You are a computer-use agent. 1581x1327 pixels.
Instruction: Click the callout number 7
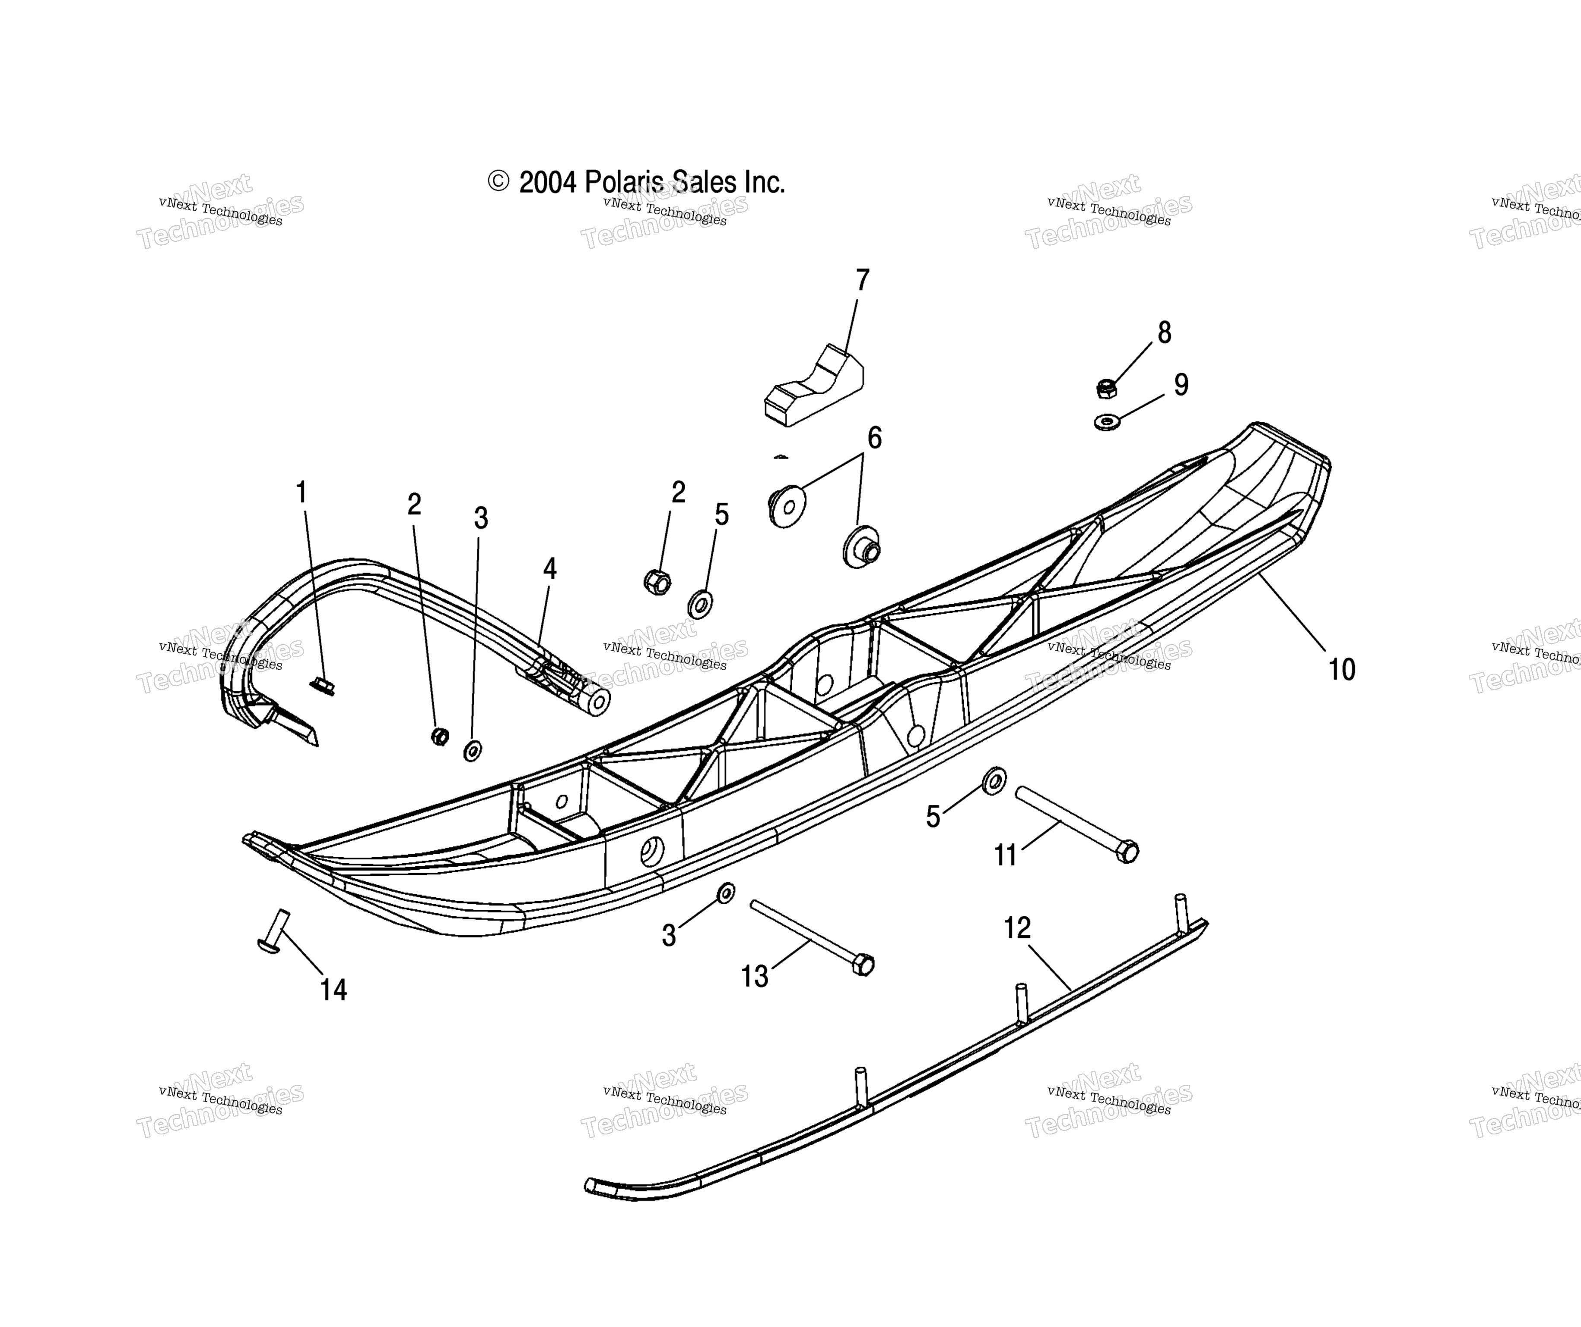tap(863, 280)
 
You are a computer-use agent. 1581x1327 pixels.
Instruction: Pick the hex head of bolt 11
tap(1126, 851)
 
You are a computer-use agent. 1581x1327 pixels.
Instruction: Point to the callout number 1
tap(301, 492)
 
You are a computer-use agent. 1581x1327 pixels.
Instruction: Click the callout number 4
tap(549, 569)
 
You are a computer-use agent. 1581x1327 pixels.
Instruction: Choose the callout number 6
tap(874, 437)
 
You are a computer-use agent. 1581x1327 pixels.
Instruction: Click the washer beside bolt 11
tap(994, 781)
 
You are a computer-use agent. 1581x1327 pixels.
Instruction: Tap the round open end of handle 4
tap(599, 703)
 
